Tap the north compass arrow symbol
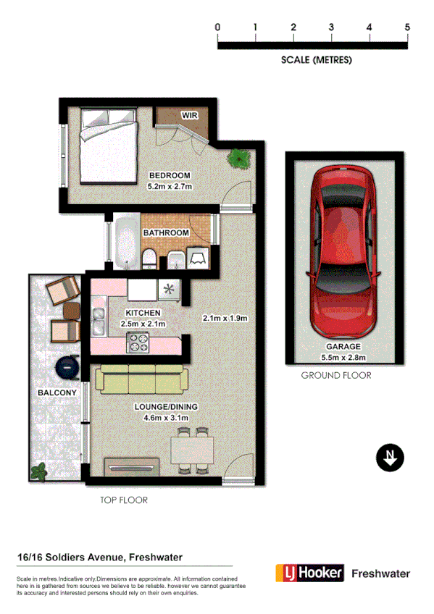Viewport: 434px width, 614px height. [x=391, y=458]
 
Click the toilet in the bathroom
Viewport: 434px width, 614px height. [x=149, y=259]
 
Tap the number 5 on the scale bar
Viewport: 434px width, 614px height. [x=407, y=27]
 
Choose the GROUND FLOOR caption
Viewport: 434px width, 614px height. [x=336, y=376]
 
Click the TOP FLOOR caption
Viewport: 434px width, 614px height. [x=123, y=500]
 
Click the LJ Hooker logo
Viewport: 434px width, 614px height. [x=308, y=573]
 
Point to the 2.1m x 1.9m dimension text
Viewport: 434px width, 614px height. [x=225, y=318]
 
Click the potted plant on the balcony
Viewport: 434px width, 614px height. [x=38, y=473]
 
